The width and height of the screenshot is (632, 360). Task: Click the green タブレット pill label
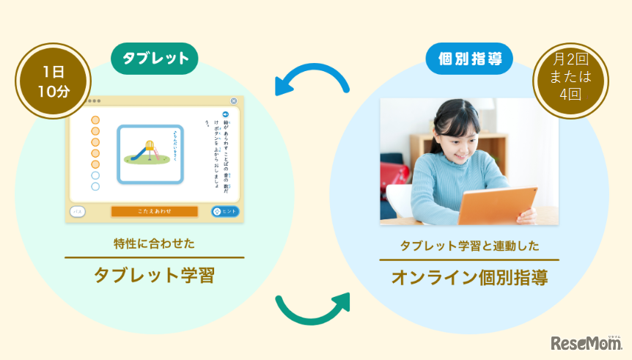click(154, 59)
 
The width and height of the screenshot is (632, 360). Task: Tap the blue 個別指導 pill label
click(469, 59)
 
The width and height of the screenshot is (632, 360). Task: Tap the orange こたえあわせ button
click(154, 211)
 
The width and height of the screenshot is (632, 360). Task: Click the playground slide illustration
click(150, 151)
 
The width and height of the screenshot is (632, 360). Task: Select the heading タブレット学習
click(154, 275)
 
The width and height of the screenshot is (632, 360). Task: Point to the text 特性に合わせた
click(154, 243)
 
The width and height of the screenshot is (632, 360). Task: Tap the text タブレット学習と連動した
click(469, 246)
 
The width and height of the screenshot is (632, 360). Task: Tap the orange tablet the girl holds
click(499, 205)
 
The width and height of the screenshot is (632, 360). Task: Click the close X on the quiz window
click(234, 101)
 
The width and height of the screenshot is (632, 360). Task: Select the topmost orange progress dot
click(95, 120)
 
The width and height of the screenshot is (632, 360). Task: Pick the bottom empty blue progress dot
click(95, 187)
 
